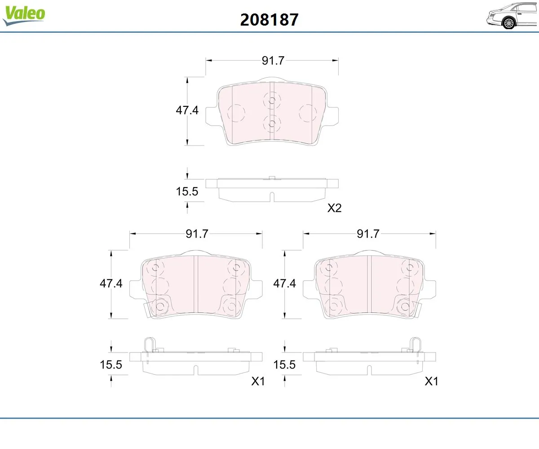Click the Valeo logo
(x=24, y=15)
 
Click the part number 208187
(x=269, y=20)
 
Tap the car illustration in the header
(x=512, y=16)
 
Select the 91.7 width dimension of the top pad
(x=273, y=61)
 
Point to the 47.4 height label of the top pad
(x=187, y=110)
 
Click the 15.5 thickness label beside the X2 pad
(x=187, y=191)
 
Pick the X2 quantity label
(x=334, y=208)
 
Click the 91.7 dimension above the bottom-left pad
(x=197, y=234)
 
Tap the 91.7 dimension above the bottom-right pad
(x=368, y=234)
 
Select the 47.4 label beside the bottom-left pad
(x=111, y=283)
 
